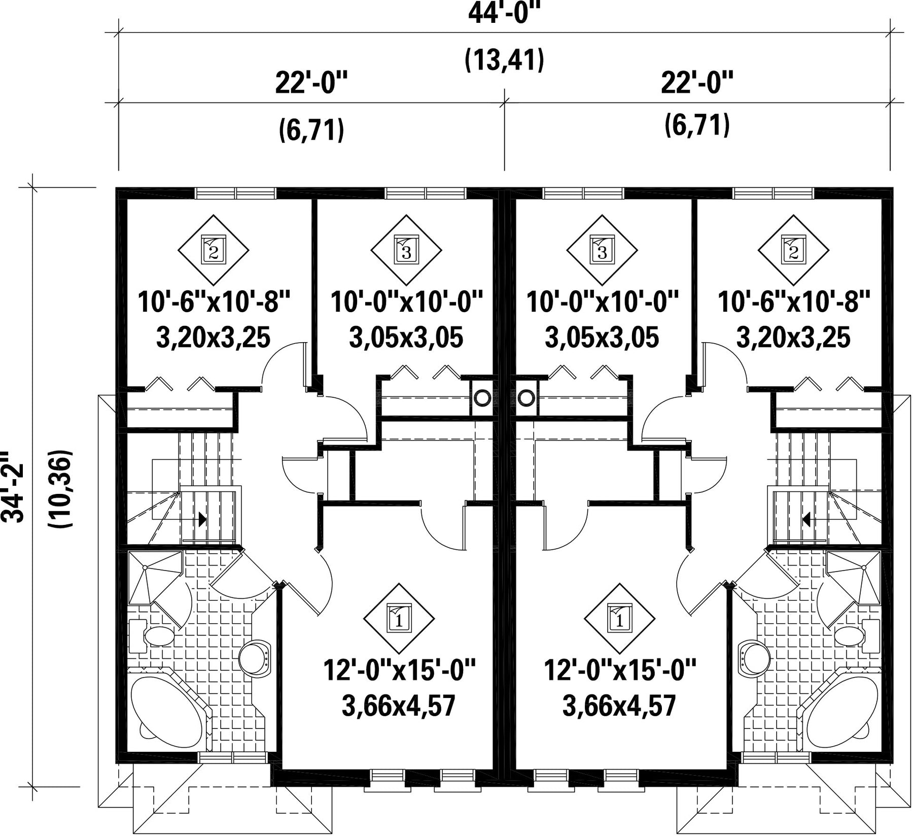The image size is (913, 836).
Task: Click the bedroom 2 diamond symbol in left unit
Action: pyautogui.click(x=214, y=250)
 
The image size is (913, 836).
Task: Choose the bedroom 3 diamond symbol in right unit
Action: pyautogui.click(x=602, y=250)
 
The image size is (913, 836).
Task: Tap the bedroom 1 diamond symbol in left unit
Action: pyautogui.click(x=399, y=619)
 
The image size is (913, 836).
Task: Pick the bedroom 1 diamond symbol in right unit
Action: pyautogui.click(x=620, y=619)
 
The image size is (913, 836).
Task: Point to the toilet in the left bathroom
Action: pyautogui.click(x=152, y=636)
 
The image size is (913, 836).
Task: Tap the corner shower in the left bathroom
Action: pyautogui.click(x=155, y=578)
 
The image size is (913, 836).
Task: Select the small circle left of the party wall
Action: pyautogui.click(x=481, y=397)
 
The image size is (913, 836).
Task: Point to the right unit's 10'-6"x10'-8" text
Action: pyautogui.click(x=794, y=303)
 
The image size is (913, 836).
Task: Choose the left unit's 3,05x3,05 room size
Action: pyautogui.click(x=406, y=338)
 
